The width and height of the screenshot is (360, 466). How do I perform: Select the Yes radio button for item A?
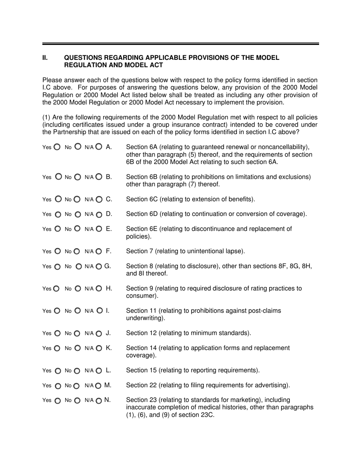(57, 147)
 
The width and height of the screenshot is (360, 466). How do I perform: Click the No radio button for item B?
(77, 177)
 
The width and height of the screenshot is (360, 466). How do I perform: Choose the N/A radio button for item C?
(99, 199)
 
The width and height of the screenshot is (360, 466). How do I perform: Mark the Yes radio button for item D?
(58, 214)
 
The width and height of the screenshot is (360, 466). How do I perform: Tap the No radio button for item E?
(77, 228)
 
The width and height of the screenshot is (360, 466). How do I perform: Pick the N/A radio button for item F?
(99, 251)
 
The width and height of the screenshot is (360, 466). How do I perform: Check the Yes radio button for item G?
(58, 267)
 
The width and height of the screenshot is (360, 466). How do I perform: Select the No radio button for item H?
(78, 288)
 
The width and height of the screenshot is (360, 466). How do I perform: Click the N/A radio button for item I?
(99, 311)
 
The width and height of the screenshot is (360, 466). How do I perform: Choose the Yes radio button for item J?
(58, 334)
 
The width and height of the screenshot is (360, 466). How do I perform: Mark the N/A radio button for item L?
(99, 371)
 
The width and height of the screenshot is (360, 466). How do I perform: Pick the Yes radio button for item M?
(58, 386)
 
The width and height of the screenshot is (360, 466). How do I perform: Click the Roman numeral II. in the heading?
(45, 58)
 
